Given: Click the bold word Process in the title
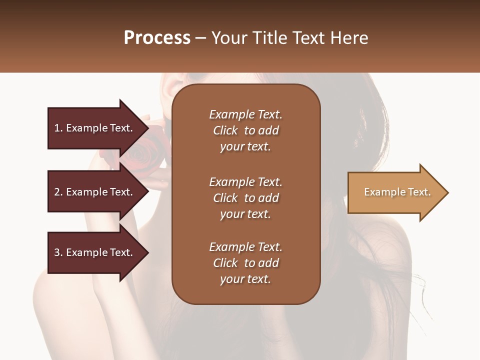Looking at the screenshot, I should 157,38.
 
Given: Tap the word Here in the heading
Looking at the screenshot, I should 349,38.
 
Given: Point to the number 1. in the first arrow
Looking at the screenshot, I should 58,128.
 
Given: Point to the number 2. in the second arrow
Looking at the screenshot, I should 58,192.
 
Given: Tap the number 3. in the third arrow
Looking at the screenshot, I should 58,252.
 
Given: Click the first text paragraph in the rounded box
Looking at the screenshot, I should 245,130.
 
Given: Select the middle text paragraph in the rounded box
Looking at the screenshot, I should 245,198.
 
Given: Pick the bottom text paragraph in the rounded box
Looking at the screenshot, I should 245,263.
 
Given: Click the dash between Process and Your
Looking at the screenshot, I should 201,38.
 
